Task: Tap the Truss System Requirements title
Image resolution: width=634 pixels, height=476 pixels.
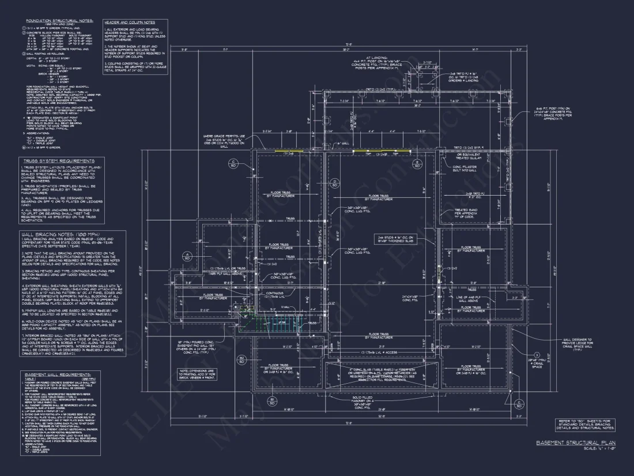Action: (57, 161)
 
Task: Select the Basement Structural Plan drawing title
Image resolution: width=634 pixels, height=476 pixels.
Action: (575, 443)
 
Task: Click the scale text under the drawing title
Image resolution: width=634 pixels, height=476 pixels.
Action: (599, 449)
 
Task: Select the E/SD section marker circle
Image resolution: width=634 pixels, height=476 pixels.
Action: (416, 164)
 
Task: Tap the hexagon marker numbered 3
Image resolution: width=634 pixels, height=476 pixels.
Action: (536, 354)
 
